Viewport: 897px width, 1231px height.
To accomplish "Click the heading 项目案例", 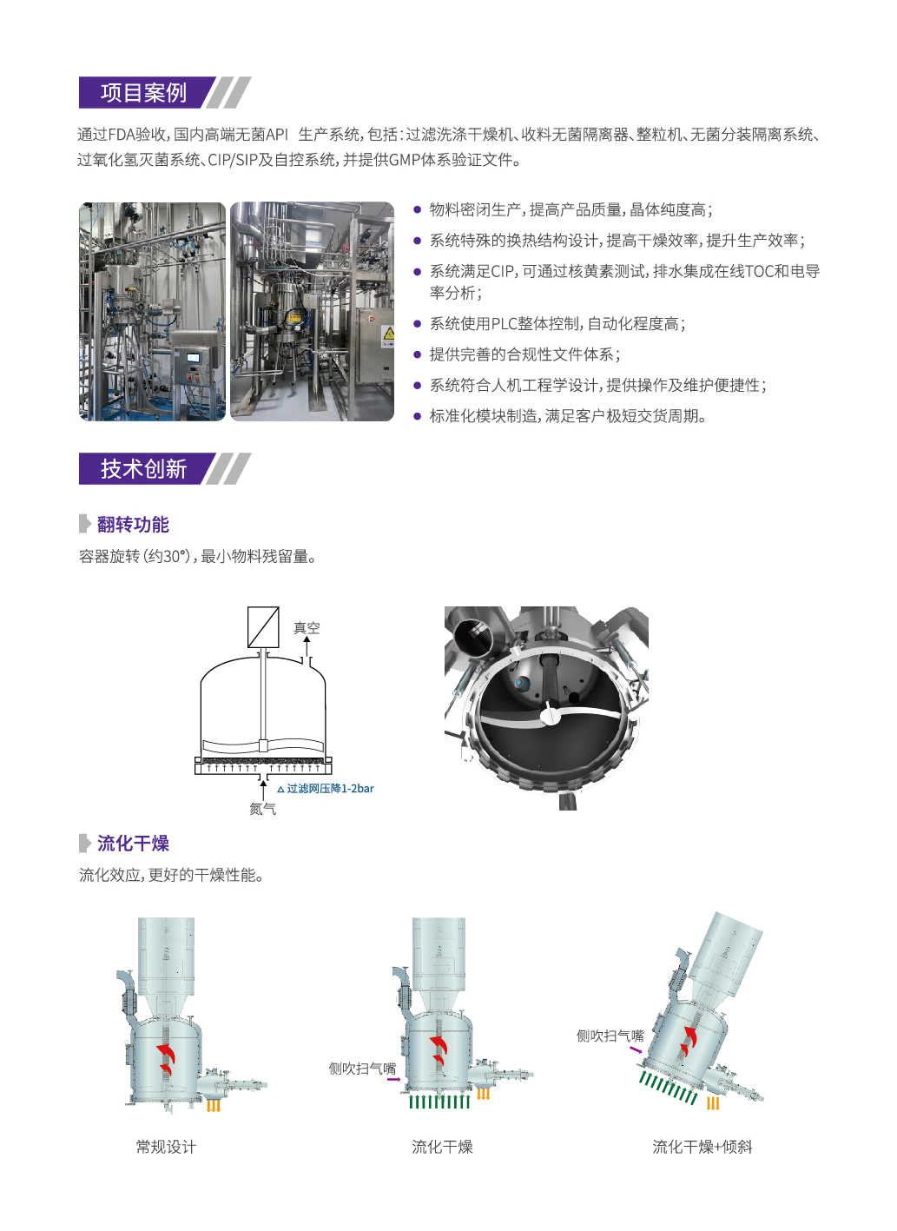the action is (x=143, y=92).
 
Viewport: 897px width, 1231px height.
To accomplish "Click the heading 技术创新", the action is (x=143, y=469).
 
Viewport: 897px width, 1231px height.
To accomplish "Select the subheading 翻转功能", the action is (x=133, y=524).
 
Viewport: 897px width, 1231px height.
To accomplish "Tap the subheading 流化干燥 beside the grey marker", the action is (x=133, y=843).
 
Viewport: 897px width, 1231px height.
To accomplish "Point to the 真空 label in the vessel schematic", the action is (x=307, y=627).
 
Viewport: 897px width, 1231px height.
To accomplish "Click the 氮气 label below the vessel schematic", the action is (x=262, y=809).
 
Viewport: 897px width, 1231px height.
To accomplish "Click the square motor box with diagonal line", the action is (x=263, y=627).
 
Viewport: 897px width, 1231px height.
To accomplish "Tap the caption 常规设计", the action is (x=166, y=1147).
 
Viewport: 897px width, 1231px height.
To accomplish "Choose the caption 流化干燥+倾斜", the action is (x=702, y=1147).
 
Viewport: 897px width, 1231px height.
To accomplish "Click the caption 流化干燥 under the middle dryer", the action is (x=442, y=1147).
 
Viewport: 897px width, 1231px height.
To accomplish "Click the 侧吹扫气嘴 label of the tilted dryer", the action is (x=610, y=1036).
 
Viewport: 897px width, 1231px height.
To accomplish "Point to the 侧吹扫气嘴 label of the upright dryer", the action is (x=362, y=1069).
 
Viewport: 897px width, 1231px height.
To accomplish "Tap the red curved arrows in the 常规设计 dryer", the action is (x=165, y=1058).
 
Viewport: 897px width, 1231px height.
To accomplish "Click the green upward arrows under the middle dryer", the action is (x=439, y=1102).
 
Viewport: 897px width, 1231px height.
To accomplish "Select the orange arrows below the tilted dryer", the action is (x=712, y=1103).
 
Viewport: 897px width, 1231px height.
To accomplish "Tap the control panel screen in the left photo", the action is (x=194, y=358).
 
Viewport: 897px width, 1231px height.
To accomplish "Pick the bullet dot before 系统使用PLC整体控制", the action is (x=417, y=324).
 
